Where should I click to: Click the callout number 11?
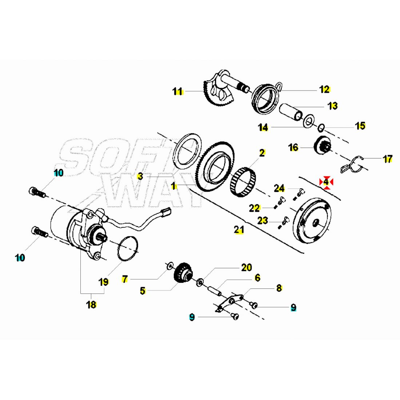coord(177,91)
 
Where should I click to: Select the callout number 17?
coord(388,159)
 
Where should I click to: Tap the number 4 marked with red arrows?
coord(326,182)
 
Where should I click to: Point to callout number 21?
coord(239,229)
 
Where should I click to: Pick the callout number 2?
coord(262,153)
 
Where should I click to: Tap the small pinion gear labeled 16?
coord(322,145)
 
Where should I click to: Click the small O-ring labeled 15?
coord(321,128)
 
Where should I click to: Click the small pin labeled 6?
coord(215,291)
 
